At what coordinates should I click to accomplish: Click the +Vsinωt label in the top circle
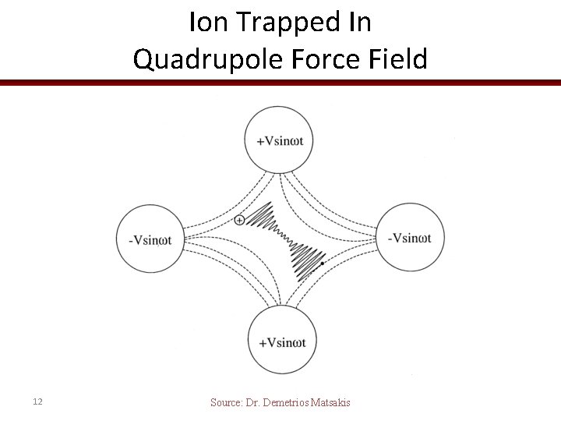tap(280, 141)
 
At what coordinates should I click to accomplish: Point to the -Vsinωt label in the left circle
tap(154, 239)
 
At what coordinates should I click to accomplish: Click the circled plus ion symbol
tap(239, 220)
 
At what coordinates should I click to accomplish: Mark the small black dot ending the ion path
tap(322, 264)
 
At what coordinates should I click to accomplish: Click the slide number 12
tap(38, 402)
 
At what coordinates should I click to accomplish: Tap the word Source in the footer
tap(227, 402)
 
